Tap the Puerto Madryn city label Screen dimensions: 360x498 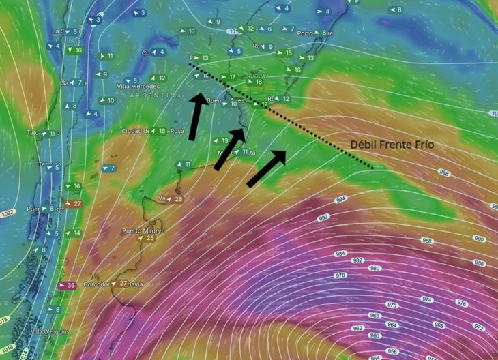pyautogui.click(x=141, y=230)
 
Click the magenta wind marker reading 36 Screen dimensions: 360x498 pyautogui.click(x=68, y=285)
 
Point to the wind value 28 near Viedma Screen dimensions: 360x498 pyautogui.click(x=178, y=199)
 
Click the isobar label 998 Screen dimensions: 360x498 pyautogui.click(x=444, y=173)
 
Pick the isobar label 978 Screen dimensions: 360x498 pyautogui.click(x=341, y=275)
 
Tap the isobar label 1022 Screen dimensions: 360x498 pyautogui.click(x=8, y=213)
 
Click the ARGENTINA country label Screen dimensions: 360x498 pyautogui.click(x=151, y=97)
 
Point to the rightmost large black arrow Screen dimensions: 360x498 pyautogui.click(x=267, y=168)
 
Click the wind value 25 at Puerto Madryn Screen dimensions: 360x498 pyautogui.click(x=151, y=238)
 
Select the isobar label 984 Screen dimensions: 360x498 pyautogui.click(x=340, y=254)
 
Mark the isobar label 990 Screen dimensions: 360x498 pyautogui.click(x=479, y=239)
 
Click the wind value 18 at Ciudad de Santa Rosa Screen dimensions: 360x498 pyautogui.click(x=162, y=131)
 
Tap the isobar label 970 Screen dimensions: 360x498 pyautogui.click(x=392, y=305)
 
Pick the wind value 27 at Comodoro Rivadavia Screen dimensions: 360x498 pyautogui.click(x=123, y=284)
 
